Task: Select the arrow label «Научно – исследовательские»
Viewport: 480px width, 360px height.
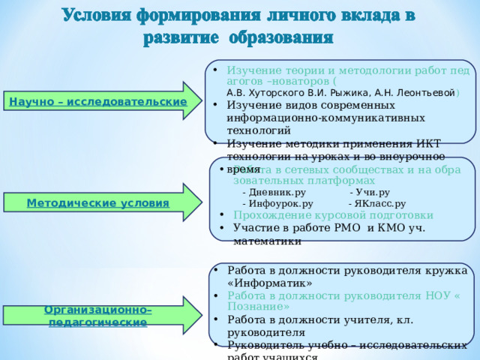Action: [97, 101]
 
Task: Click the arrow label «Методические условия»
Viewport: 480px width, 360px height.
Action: [97, 203]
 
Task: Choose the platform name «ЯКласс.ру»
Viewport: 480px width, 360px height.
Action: [379, 203]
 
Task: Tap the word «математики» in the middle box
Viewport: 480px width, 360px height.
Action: [268, 241]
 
